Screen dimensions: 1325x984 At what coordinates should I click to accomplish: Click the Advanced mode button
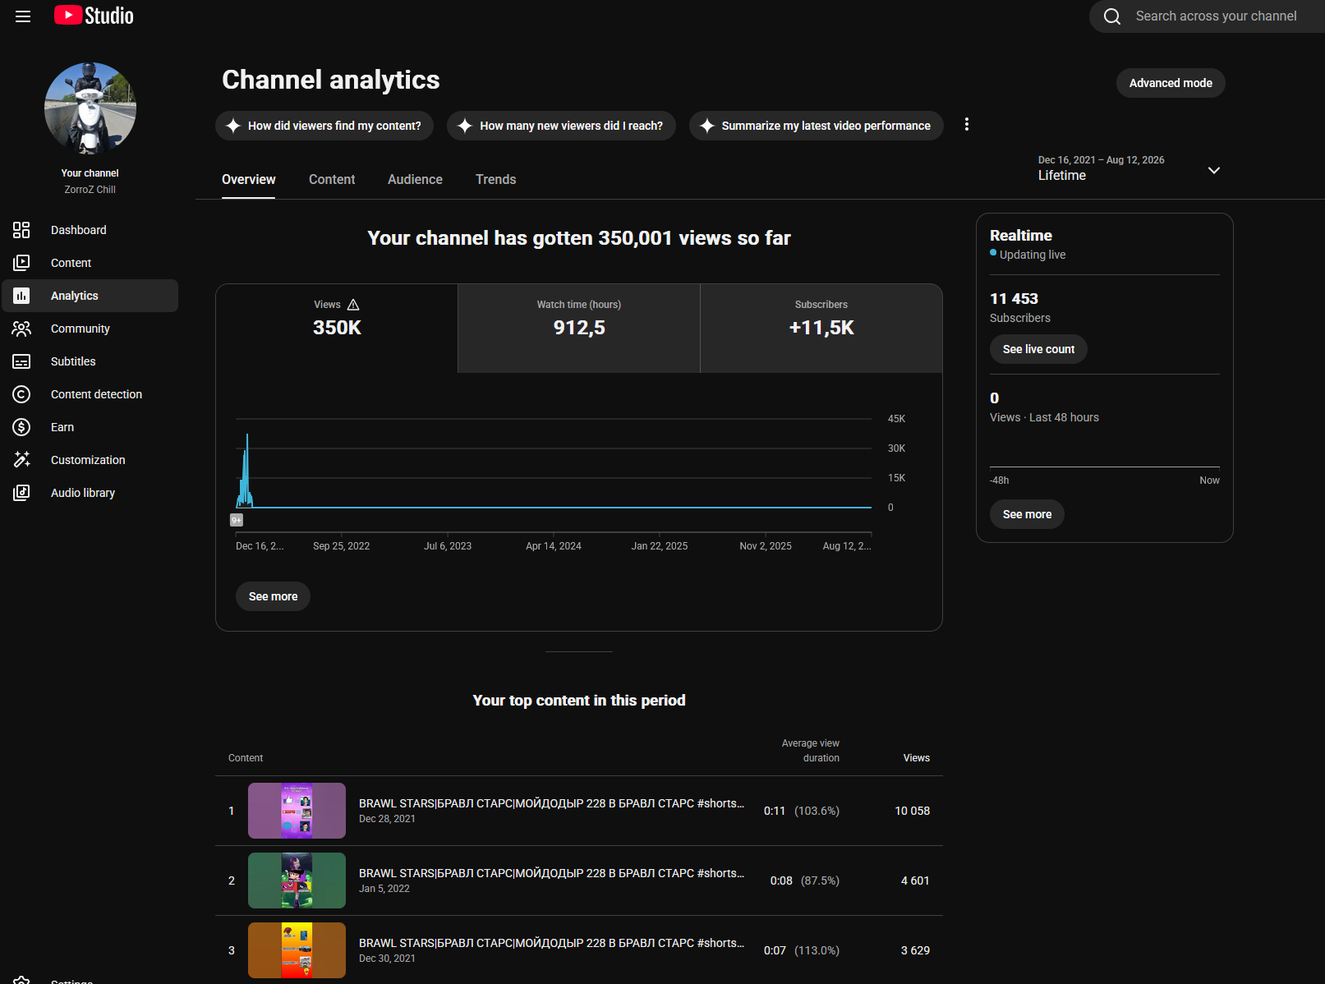1171,83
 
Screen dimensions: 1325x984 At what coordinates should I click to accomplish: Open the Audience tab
415,179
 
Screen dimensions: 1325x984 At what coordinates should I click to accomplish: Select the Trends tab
495,179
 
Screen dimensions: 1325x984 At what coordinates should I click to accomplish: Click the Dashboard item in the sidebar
78,230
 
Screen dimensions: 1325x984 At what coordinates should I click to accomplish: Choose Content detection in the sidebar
96,394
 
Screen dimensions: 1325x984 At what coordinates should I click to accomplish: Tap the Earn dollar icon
21,427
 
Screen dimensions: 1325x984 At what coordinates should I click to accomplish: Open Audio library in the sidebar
82,493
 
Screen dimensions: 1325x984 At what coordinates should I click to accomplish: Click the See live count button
1038,349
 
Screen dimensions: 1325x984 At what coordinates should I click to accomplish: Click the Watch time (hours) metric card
579,328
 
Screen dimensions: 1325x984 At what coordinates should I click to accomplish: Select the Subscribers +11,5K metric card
821,328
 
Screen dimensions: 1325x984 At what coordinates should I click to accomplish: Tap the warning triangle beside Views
353,305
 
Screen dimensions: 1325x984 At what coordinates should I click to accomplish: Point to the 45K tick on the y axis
896,419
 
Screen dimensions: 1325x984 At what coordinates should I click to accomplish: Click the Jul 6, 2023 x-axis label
448,546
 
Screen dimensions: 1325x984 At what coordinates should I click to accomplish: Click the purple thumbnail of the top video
297,811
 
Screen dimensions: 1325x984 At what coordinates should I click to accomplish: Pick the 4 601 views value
915,881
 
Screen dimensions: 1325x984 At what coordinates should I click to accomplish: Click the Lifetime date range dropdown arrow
1213,170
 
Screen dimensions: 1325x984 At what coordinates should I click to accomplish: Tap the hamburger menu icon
23,16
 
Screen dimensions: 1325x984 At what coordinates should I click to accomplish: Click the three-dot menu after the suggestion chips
967,124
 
